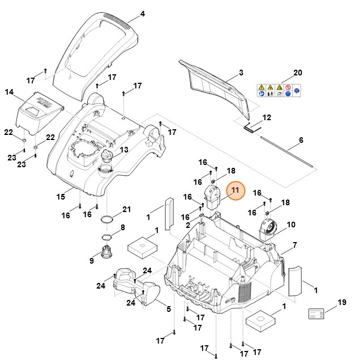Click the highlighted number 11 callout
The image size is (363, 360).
235,191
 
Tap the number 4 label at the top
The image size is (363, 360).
143,14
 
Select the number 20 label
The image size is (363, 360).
298,73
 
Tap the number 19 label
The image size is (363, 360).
341,302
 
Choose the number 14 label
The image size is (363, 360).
9,92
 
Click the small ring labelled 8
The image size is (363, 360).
106,236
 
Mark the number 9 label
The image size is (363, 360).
91,261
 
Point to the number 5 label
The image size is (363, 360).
168,309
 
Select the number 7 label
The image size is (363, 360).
294,245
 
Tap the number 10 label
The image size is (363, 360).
292,225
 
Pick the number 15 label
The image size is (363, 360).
61,197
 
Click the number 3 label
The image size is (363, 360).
241,73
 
